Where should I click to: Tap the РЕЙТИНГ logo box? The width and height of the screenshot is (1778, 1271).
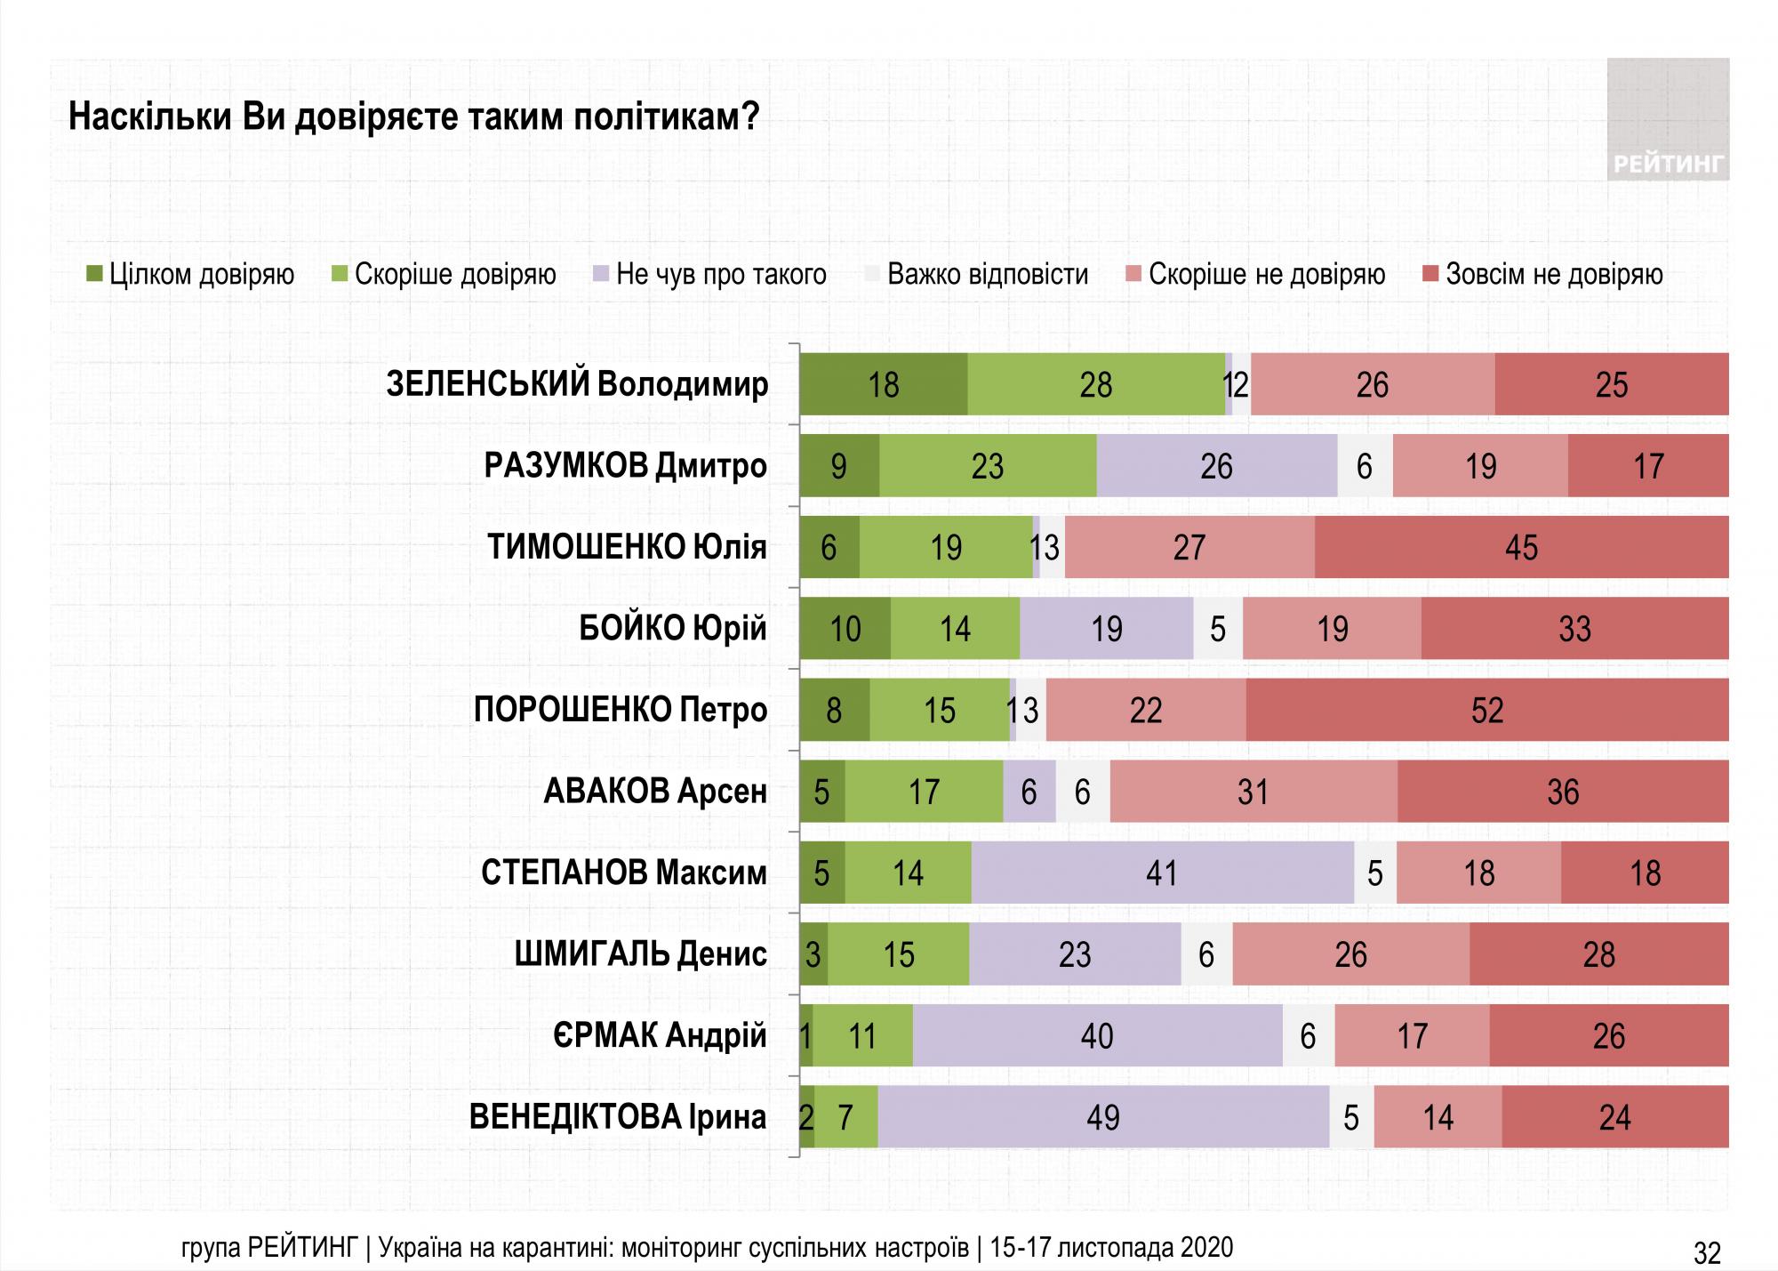pos(1668,119)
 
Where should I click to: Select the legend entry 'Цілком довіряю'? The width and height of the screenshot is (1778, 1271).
pos(191,274)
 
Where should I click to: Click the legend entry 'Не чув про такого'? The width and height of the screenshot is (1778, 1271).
pos(709,274)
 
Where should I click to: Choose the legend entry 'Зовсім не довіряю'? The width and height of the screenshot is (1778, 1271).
pos(1542,274)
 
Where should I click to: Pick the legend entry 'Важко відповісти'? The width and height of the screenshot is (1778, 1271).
pos(976,274)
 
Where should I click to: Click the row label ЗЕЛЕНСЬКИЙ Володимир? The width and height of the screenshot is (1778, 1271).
pos(577,384)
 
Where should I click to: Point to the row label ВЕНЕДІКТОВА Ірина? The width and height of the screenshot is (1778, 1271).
pos(617,1117)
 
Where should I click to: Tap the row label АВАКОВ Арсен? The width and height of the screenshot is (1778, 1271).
pos(654,791)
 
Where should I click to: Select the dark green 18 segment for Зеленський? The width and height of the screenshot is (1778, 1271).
pos(884,384)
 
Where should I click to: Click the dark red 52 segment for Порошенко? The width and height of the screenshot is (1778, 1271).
pos(1486,710)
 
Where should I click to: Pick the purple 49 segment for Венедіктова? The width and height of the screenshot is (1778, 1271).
pos(1103,1117)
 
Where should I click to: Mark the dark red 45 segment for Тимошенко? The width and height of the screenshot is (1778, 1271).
pos(1521,547)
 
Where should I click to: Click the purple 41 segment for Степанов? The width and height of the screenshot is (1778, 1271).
pos(1162,873)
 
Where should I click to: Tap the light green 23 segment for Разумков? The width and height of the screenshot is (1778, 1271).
pos(988,466)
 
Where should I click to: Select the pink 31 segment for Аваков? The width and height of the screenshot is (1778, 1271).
pos(1253,791)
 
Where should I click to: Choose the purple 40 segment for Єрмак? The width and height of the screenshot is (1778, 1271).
pos(1097,1035)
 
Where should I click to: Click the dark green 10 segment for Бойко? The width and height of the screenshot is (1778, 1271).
pos(845,629)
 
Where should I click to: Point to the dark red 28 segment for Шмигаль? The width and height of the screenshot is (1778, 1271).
pos(1598,954)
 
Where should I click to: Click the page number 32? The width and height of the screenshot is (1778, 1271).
pos(1707,1252)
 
